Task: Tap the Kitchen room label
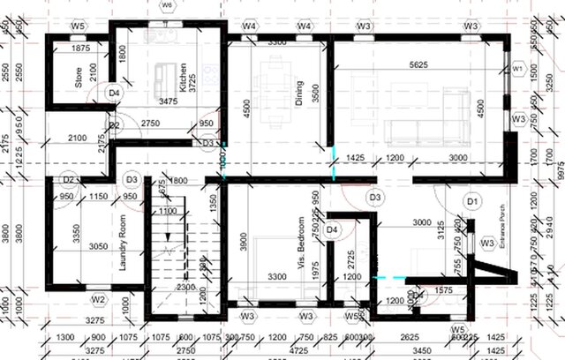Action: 184,77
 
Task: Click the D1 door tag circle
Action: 472,202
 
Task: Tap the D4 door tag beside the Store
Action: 113,92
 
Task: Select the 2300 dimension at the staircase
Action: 185,287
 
